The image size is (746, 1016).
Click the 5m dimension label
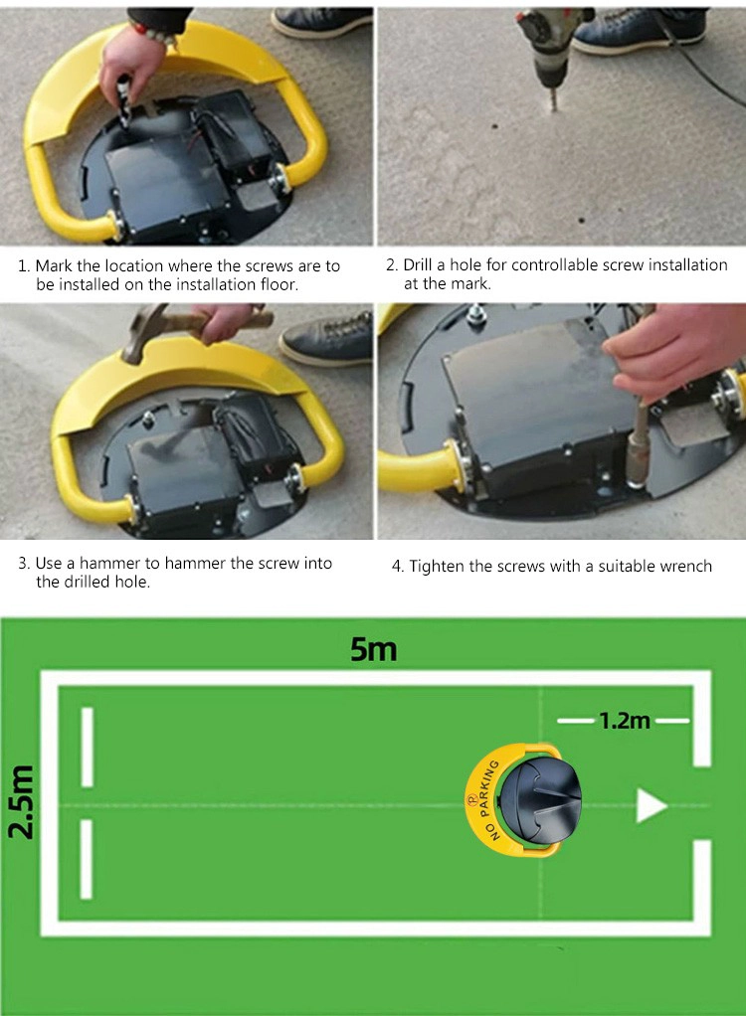pyautogui.click(x=373, y=649)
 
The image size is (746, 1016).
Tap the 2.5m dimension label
pyautogui.click(x=22, y=801)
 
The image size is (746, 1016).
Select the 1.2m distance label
pyautogui.click(x=624, y=721)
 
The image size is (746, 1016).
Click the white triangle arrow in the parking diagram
pyautogui.click(x=651, y=806)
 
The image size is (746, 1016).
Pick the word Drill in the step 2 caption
pyautogui.click(x=418, y=265)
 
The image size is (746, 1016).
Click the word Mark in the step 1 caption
pyautogui.click(x=54, y=265)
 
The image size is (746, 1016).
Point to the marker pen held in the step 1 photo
pyautogui.click(x=123, y=95)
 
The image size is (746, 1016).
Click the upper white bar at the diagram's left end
pyautogui.click(x=88, y=748)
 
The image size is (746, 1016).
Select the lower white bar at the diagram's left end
pyautogui.click(x=87, y=859)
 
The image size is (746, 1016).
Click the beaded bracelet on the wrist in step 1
pyautogui.click(x=153, y=33)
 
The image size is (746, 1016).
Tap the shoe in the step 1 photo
pyautogui.click(x=321, y=22)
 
